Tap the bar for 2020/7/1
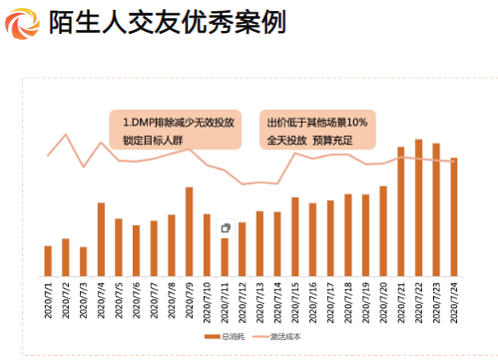48,260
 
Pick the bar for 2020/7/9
189,231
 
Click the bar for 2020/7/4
101,239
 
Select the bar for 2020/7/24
453,216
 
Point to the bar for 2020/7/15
294,236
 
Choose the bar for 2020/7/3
83,261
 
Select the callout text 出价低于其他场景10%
317,123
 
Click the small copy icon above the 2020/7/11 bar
226,228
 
